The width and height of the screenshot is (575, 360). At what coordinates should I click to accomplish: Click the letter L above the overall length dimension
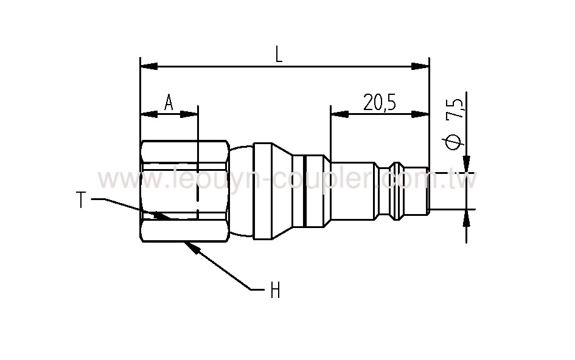(279, 55)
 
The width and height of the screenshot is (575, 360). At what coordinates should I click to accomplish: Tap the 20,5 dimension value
(380, 102)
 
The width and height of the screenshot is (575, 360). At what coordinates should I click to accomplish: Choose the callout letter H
(275, 291)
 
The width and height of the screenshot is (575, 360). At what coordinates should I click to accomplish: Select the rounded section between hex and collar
(242, 190)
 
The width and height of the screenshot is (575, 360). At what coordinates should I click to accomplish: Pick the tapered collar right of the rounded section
(271, 190)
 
